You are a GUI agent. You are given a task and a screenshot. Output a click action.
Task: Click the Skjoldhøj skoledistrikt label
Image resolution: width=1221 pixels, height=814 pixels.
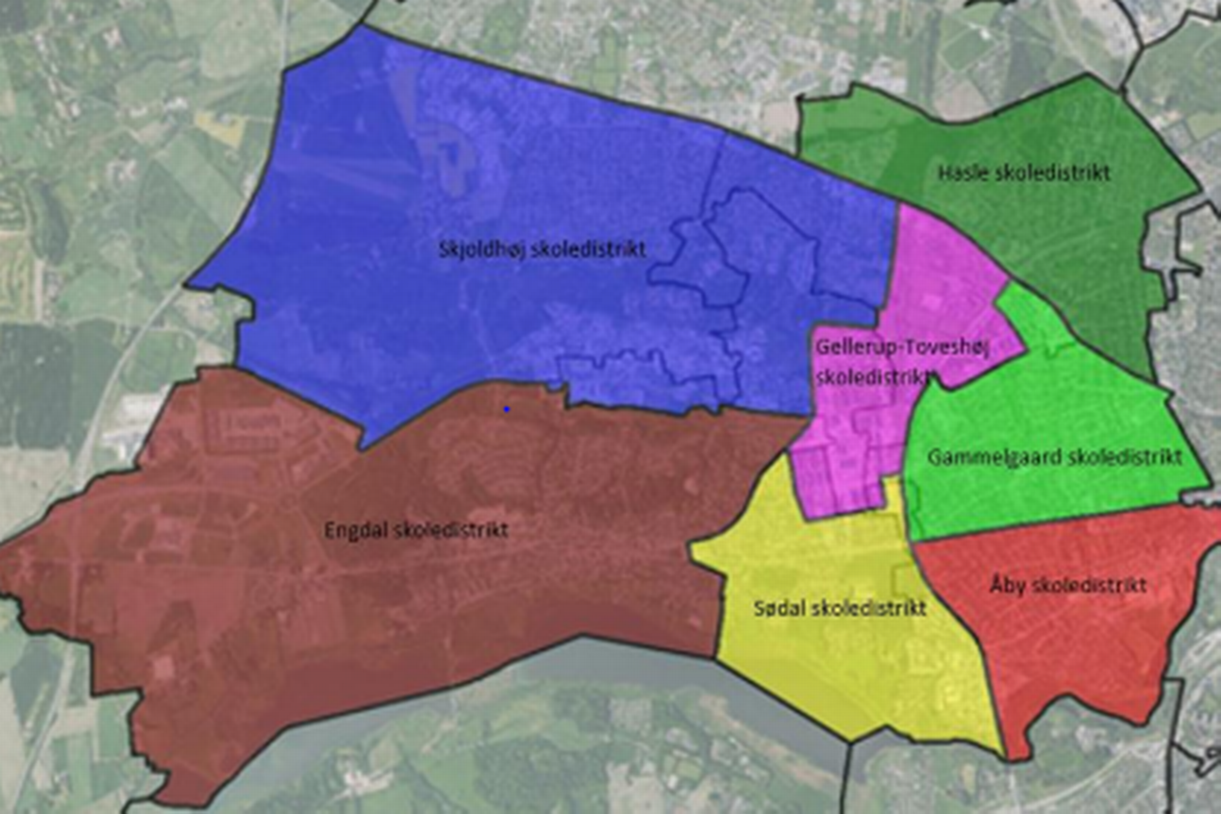[542, 250]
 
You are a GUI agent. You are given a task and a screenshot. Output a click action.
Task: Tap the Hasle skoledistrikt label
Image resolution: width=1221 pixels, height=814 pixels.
[1024, 173]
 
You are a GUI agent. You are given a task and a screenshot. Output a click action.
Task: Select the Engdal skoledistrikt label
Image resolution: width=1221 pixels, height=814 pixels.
[416, 531]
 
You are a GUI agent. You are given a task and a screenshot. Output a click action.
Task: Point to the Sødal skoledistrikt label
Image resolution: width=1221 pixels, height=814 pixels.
[839, 608]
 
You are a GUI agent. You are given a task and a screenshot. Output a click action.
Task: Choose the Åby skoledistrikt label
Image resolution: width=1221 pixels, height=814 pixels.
[1067, 586]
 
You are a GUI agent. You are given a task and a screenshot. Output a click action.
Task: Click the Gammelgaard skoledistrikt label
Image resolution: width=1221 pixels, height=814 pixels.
[1055, 457]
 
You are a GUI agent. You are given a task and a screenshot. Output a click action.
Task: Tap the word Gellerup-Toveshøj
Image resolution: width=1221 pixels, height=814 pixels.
[902, 347]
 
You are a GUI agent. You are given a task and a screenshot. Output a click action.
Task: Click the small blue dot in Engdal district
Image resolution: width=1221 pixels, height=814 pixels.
[507, 410]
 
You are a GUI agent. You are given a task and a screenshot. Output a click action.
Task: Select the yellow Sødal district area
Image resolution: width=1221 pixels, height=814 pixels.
[830, 675]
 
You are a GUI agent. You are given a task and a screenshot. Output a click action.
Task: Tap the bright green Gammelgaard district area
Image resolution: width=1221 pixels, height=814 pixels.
[1038, 405]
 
